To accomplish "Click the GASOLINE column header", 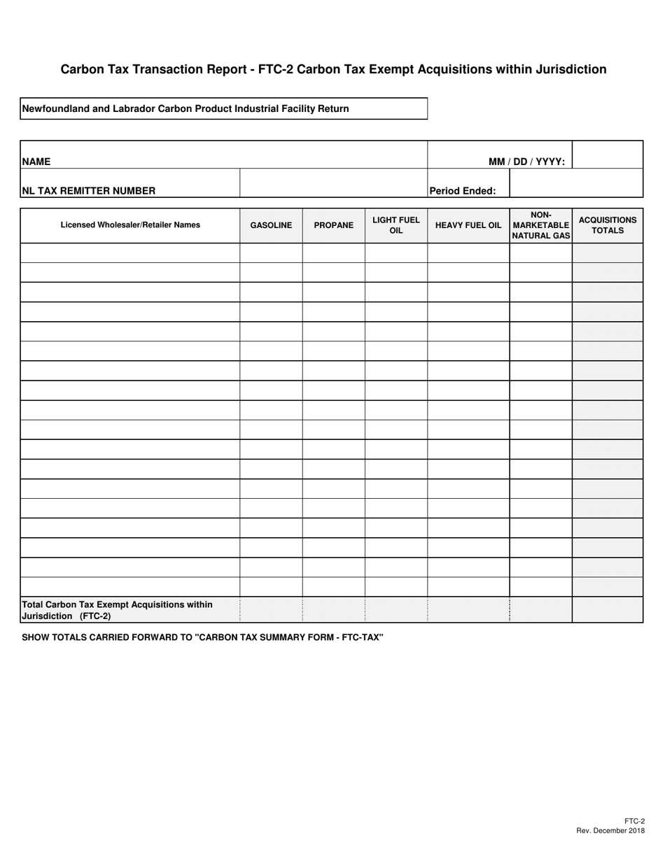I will [271, 225].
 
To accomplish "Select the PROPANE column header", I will [333, 225].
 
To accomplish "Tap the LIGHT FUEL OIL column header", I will [395, 225].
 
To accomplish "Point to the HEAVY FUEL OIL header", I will [468, 225].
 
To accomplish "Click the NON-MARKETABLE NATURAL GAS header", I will [540, 225].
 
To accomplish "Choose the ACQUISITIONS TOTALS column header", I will [607, 225].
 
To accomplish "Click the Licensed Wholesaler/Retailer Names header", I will [130, 225].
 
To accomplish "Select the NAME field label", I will [36, 162].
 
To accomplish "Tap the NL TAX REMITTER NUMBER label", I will [89, 190].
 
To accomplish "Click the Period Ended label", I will [463, 190].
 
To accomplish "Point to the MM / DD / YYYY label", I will [526, 162].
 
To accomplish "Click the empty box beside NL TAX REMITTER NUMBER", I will [333, 183].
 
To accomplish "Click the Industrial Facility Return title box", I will [223, 108].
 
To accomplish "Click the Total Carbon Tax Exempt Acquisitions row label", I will [117, 610].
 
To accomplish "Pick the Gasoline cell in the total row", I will [271, 610].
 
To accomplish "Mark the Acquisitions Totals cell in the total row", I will [607, 610].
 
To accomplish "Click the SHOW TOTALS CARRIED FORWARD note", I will [203, 637].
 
